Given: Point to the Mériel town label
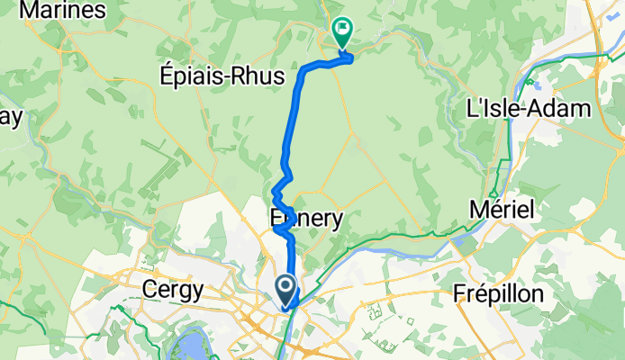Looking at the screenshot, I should pyautogui.click(x=503, y=210).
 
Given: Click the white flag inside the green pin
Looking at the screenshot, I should pyautogui.click(x=343, y=28).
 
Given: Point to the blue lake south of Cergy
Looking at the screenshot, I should pyautogui.click(x=192, y=343).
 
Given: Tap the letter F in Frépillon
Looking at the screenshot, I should pyautogui.click(x=459, y=294).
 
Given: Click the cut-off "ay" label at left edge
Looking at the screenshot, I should pyautogui.click(x=10, y=119).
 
